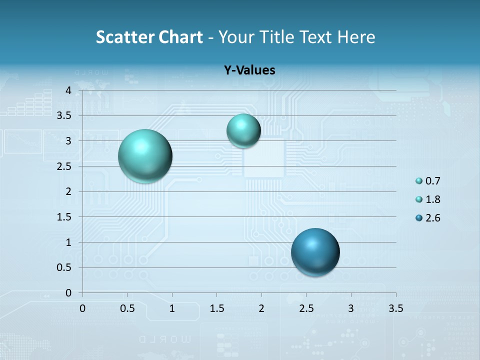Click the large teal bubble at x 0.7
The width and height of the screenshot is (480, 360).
[x=145, y=156]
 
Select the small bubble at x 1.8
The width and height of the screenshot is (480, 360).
[x=243, y=130]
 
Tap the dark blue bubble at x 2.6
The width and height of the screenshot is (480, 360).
[x=315, y=252]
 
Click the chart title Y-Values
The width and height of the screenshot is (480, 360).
[x=249, y=70]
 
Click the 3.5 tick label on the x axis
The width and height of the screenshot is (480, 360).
[x=396, y=308]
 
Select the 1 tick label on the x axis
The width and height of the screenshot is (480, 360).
[x=172, y=308]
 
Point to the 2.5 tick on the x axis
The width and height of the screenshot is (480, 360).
[x=306, y=308]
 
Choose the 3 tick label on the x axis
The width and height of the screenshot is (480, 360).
[x=351, y=308]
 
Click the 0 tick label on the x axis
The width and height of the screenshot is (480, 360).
[x=82, y=308]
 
